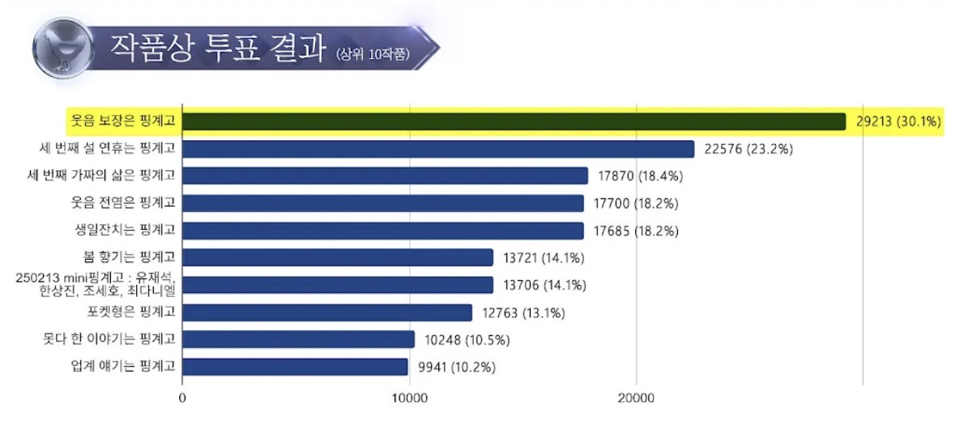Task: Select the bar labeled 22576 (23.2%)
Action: (x=438, y=149)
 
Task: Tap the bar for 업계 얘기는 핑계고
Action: (x=295, y=367)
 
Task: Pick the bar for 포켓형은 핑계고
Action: (x=327, y=312)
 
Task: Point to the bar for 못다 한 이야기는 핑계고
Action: (x=298, y=339)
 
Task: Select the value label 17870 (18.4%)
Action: (x=639, y=176)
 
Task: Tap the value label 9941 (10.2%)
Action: (x=457, y=367)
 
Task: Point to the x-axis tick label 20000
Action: (x=636, y=398)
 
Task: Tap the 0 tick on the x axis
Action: (x=182, y=398)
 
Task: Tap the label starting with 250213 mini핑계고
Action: (x=97, y=285)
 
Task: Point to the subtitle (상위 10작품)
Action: (x=373, y=53)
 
